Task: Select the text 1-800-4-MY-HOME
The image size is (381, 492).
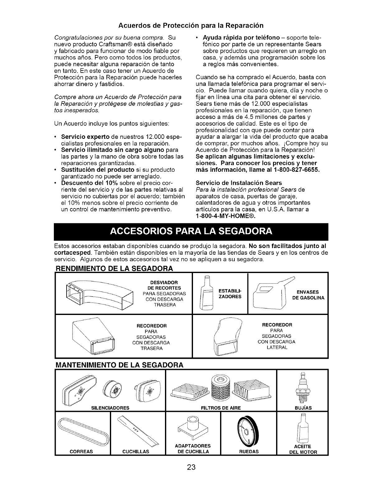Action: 225,216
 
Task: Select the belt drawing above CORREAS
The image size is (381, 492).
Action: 83,430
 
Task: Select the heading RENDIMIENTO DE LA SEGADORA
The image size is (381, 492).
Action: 114,268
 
